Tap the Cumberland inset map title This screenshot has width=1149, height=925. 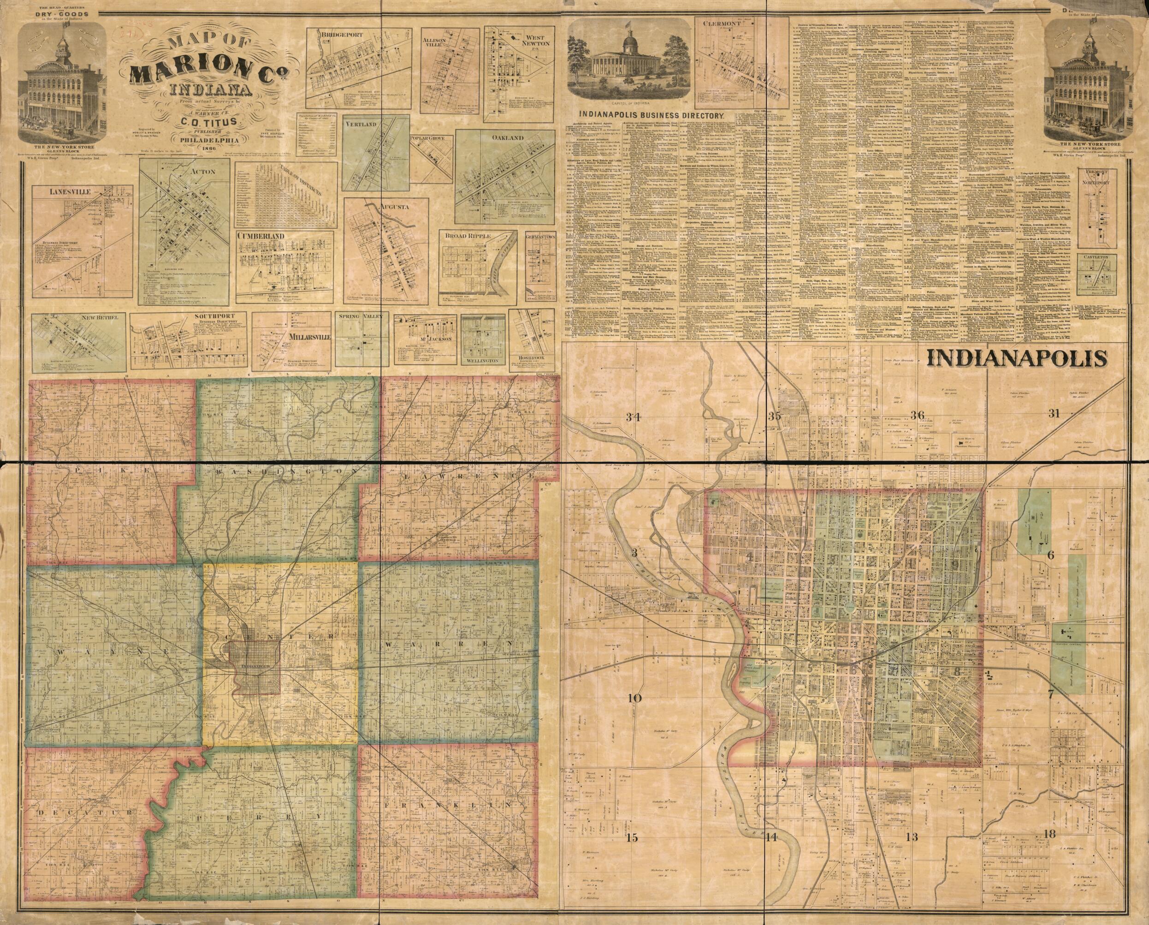point(261,236)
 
